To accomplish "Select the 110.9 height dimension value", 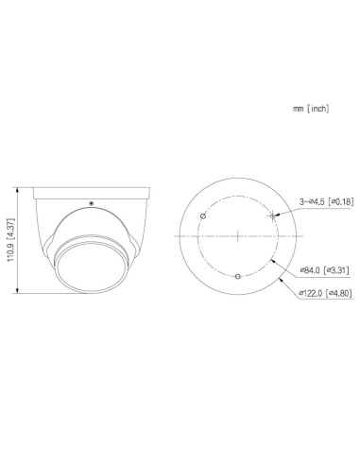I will click(10, 247).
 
